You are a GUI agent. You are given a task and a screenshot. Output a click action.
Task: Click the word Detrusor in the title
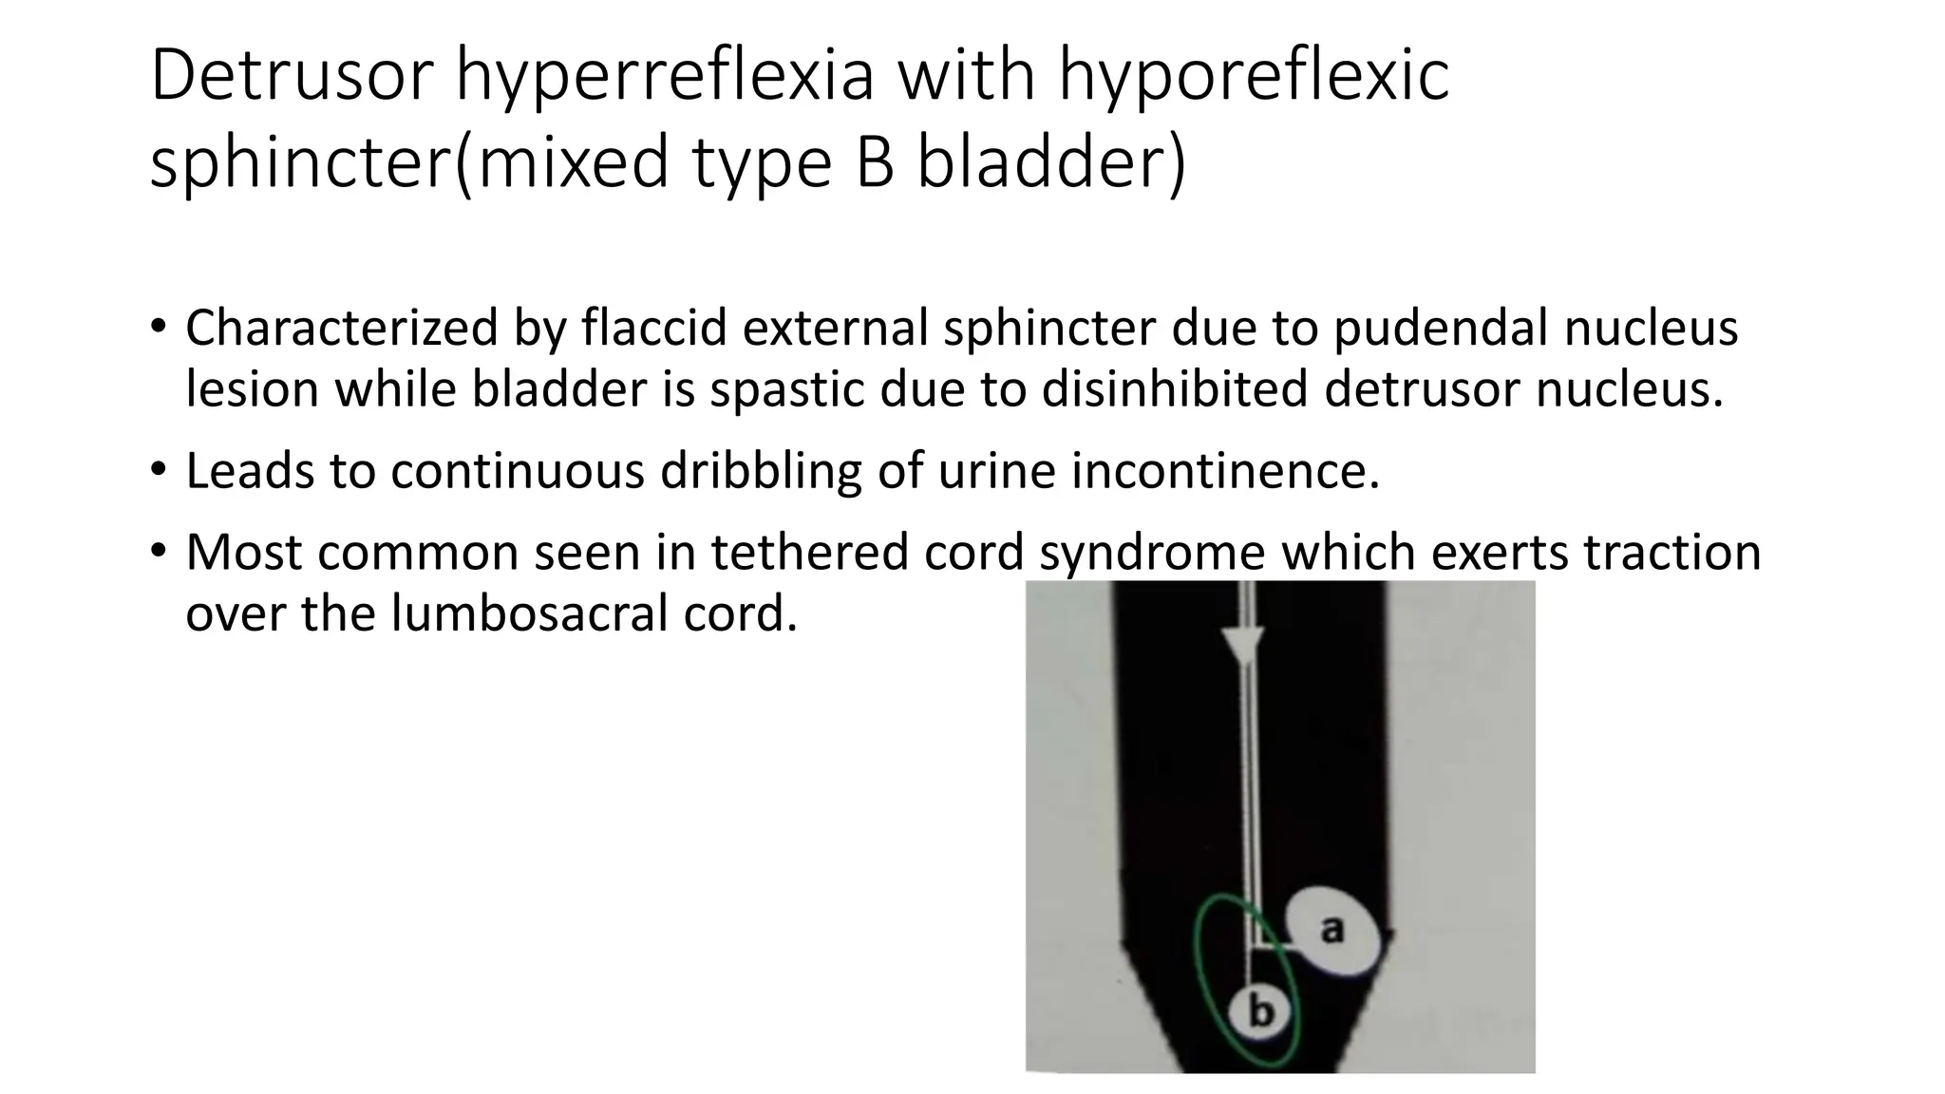pyautogui.click(x=292, y=76)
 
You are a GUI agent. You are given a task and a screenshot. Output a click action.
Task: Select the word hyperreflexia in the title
pyautogui.click(x=664, y=76)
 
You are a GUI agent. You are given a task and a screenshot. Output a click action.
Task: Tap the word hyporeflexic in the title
pyautogui.click(x=1254, y=76)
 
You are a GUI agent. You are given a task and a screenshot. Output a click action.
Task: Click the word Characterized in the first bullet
pyautogui.click(x=342, y=329)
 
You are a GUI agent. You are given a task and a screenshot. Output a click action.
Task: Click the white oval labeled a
pyautogui.click(x=1331, y=932)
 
